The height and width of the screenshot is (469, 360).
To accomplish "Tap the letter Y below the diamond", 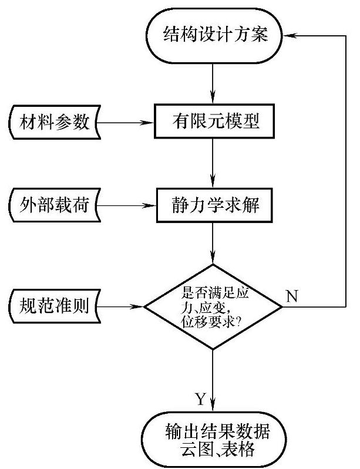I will [x=200, y=400].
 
